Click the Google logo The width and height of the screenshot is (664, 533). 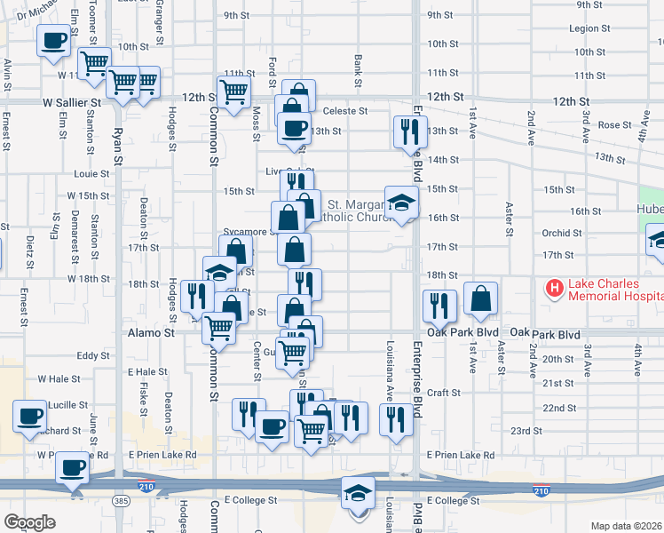click(29, 522)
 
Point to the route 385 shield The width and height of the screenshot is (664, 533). click(119, 502)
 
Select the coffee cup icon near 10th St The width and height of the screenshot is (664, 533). click(53, 40)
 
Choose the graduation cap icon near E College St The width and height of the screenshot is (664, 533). click(359, 492)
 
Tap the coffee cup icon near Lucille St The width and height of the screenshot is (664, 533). click(29, 415)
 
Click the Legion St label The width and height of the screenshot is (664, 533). click(590, 28)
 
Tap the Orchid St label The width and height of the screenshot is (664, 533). click(563, 234)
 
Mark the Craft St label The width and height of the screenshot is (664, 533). click(443, 392)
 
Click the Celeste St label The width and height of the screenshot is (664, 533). click(344, 111)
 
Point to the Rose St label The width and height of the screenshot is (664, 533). click(613, 125)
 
